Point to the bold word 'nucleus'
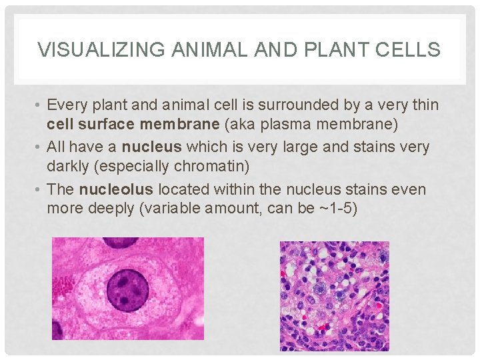pyautogui.click(x=153, y=146)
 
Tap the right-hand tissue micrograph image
pyautogui.click(x=334, y=296)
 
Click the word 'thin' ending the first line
pyautogui.click(x=425, y=105)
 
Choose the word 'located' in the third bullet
pyautogui.click(x=188, y=189)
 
